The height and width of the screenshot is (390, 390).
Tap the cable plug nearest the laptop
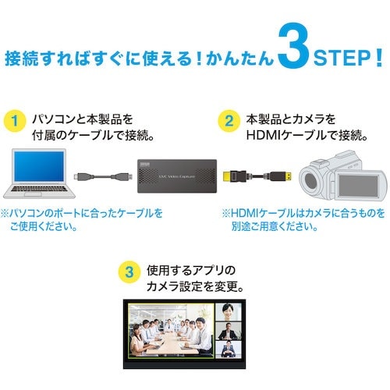(79, 176)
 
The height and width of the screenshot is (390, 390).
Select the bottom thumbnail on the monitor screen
(228, 349)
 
